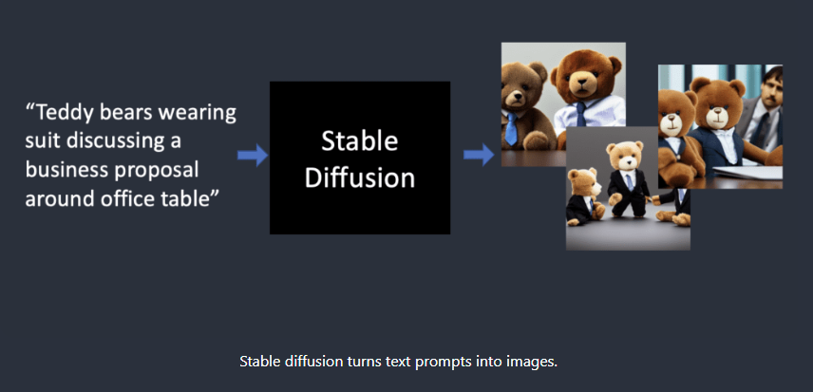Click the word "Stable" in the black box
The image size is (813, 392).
[x=360, y=141]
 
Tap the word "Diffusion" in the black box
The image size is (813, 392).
[x=360, y=177]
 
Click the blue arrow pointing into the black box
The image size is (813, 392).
[x=252, y=156]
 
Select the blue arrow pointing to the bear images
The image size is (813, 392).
[x=478, y=156]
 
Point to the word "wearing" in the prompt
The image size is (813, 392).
[x=199, y=113]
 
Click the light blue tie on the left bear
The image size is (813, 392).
[x=512, y=128]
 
